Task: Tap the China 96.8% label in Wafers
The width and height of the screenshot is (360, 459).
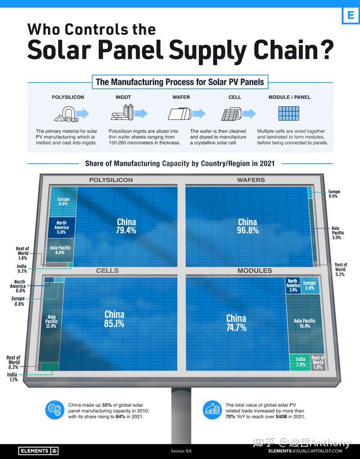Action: (x=247, y=226)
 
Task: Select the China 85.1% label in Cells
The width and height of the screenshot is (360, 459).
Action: (x=114, y=319)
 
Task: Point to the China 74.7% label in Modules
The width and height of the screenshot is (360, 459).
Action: (x=236, y=323)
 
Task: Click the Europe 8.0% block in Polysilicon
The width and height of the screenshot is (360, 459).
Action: (x=63, y=202)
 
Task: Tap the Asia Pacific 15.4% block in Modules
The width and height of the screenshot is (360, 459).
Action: (x=305, y=323)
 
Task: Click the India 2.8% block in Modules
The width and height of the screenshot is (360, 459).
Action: (x=300, y=362)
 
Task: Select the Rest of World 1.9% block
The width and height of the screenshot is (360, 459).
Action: (x=318, y=362)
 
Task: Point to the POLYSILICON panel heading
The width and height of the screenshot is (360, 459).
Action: (x=111, y=180)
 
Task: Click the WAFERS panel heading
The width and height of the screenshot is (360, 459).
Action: (x=250, y=180)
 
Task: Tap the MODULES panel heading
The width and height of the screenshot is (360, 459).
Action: (x=255, y=271)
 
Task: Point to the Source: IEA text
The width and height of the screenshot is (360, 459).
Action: (x=180, y=451)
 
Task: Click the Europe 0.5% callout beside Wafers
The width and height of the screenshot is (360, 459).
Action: (x=333, y=194)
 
